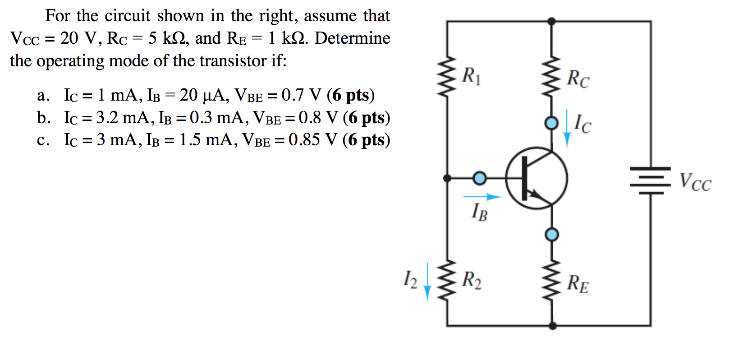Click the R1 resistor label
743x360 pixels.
pos(472,76)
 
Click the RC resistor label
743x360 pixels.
pos(578,79)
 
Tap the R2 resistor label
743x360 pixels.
pos(472,280)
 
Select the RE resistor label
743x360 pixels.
pos(578,283)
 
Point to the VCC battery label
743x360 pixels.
pos(695,182)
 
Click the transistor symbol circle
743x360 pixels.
pos(536,178)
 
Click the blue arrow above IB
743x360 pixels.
pos(482,197)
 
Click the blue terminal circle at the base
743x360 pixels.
pos(479,178)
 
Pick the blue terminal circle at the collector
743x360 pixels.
pos(551,123)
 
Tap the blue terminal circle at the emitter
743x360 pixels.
pos(552,234)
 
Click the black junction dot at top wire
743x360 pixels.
pos(551,21)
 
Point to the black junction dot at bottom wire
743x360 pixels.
pos(552,325)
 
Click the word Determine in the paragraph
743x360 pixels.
pos(352,38)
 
